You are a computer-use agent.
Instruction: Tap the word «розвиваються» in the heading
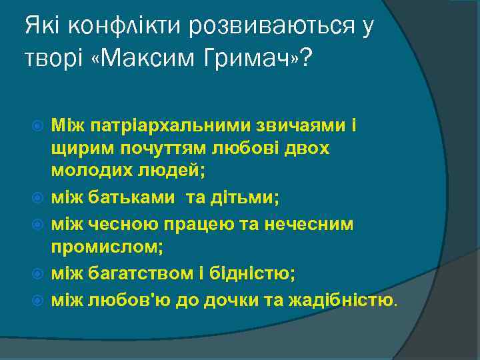pyautogui.click(x=270, y=26)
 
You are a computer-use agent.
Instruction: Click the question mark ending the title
pyautogui.click(x=306, y=58)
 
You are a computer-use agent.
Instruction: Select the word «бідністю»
pyautogui.click(x=234, y=273)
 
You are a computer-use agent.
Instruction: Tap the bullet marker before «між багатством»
pyautogui.click(x=37, y=274)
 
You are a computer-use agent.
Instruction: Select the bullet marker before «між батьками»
pyautogui.click(x=37, y=199)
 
